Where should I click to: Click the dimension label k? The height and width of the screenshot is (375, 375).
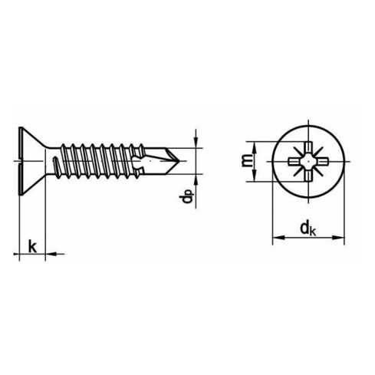pyautogui.click(x=32, y=246)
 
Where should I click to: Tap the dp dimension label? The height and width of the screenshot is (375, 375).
pyautogui.click(x=187, y=196)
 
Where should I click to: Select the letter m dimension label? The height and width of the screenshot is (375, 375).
pyautogui.click(x=247, y=160)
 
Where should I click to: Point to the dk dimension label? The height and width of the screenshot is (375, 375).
pyautogui.click(x=308, y=229)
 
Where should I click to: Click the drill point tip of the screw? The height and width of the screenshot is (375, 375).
pyautogui.click(x=179, y=161)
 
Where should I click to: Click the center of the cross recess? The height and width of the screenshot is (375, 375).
pyautogui.click(x=308, y=161)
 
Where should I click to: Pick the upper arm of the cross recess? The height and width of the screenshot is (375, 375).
pyautogui.click(x=308, y=148)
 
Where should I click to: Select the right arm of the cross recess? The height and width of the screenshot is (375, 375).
pyautogui.click(x=322, y=161)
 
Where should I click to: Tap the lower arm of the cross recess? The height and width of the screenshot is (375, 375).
pyautogui.click(x=308, y=175)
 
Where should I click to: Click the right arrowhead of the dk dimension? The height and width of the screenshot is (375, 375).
pyautogui.click(x=338, y=238)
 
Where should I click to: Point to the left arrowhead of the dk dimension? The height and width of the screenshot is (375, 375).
pyautogui.click(x=278, y=238)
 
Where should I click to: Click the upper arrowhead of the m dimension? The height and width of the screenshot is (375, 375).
pyautogui.click(x=255, y=147)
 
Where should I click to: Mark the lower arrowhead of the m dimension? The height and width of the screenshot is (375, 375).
pyautogui.click(x=255, y=176)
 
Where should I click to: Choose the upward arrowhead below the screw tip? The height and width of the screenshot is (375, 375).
pyautogui.click(x=196, y=180)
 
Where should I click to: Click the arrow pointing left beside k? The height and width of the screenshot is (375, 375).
pyautogui.click(x=51, y=254)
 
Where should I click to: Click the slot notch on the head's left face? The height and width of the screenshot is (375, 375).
pyautogui.click(x=20, y=161)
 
